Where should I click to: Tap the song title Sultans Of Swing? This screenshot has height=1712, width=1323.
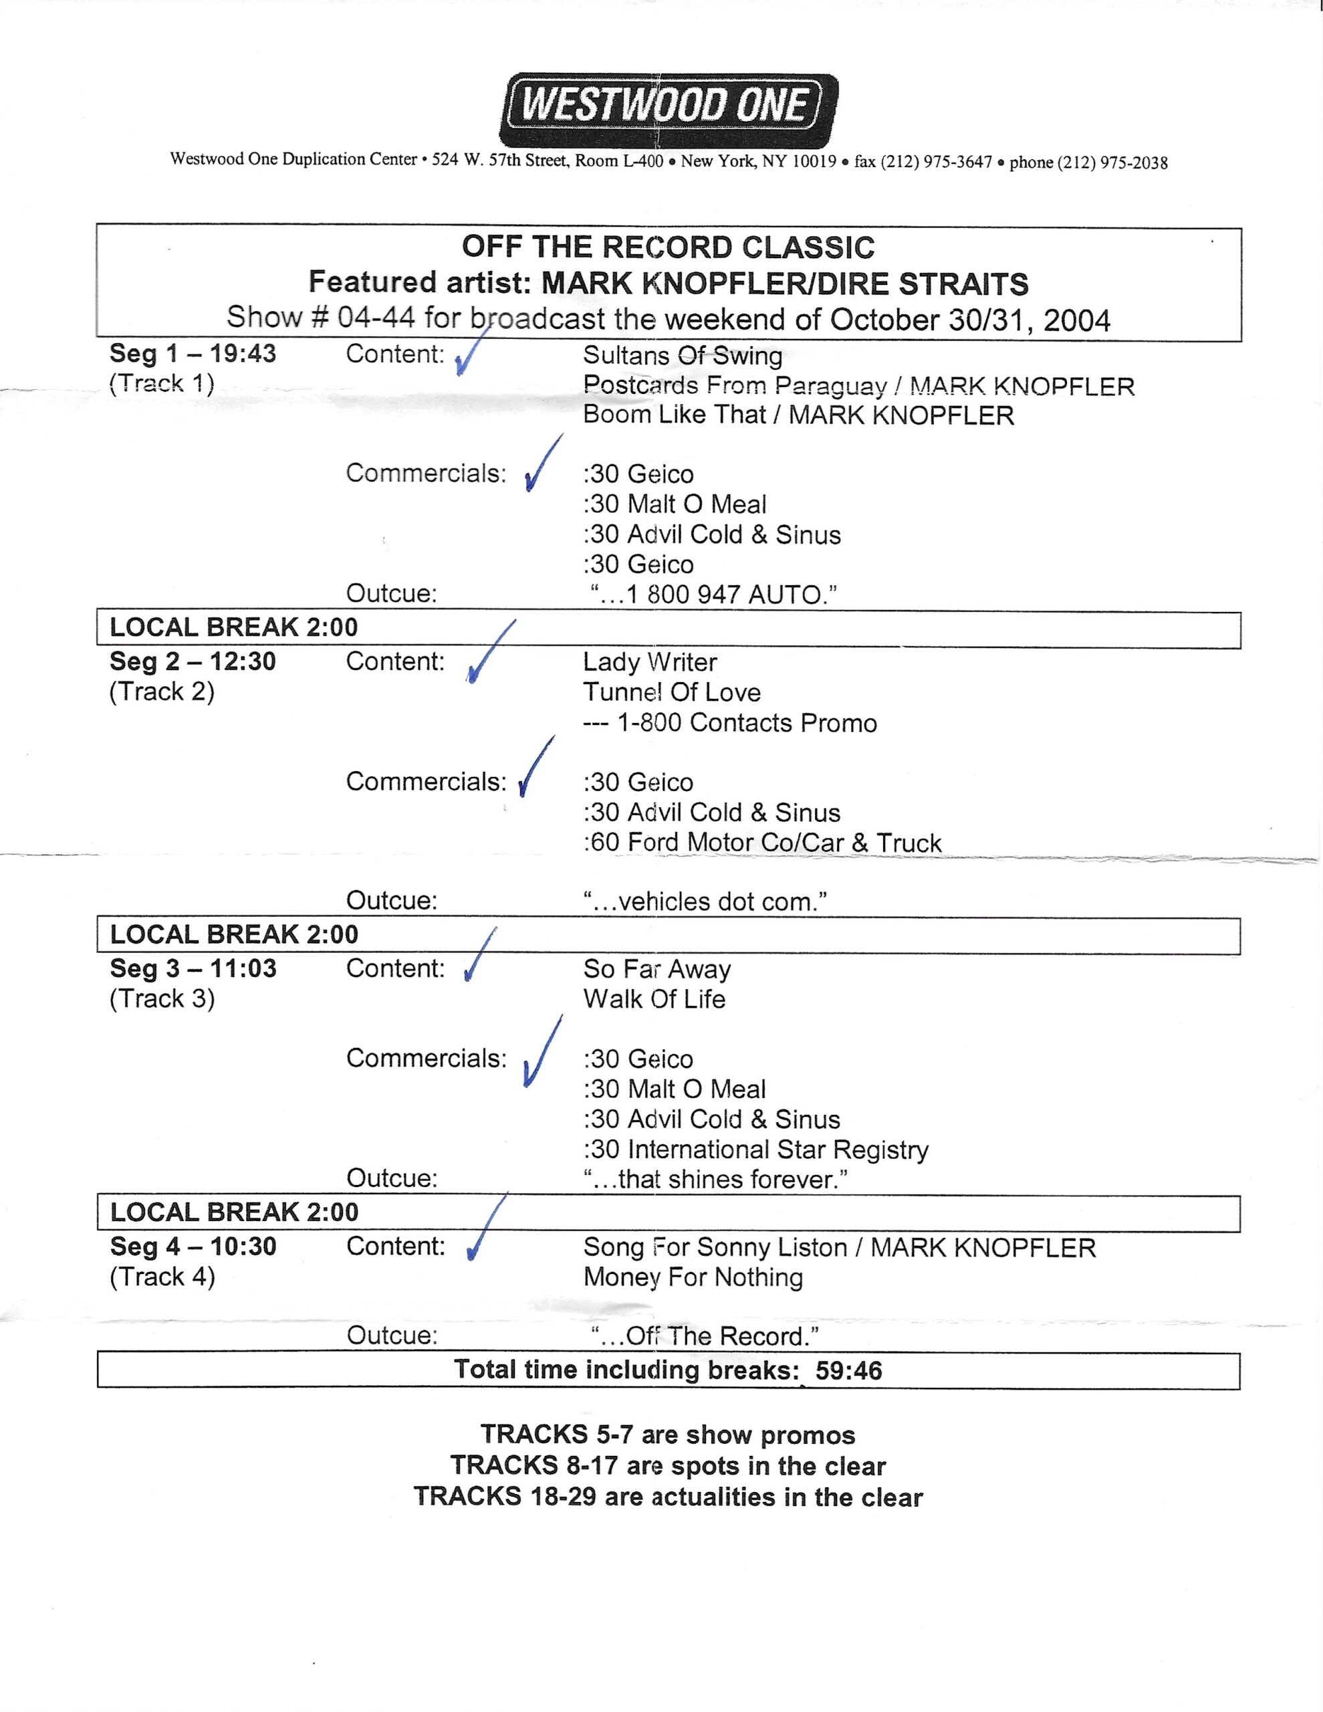click(682, 356)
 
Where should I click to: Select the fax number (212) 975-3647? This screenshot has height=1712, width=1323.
click(936, 163)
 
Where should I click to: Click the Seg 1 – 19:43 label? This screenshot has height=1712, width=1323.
click(193, 354)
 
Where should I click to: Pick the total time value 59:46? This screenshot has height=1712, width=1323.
click(848, 1370)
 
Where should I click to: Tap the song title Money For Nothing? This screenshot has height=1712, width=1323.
click(693, 1277)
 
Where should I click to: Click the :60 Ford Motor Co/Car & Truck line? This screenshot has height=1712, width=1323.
click(762, 843)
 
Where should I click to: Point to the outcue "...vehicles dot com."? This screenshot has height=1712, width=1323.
click(705, 901)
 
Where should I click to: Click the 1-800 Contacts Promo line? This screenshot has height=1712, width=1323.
click(729, 723)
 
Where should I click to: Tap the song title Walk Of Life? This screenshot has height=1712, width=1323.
click(654, 1000)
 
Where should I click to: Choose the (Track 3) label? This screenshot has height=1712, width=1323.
click(162, 998)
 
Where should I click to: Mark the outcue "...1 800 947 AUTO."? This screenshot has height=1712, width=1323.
click(713, 595)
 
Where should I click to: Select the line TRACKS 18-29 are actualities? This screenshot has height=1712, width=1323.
click(668, 1497)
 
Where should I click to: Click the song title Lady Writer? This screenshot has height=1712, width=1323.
click(650, 662)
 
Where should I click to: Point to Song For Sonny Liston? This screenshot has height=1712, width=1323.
click(715, 1247)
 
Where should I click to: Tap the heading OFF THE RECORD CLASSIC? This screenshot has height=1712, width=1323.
click(668, 247)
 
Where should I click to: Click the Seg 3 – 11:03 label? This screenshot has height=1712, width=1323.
click(193, 969)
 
